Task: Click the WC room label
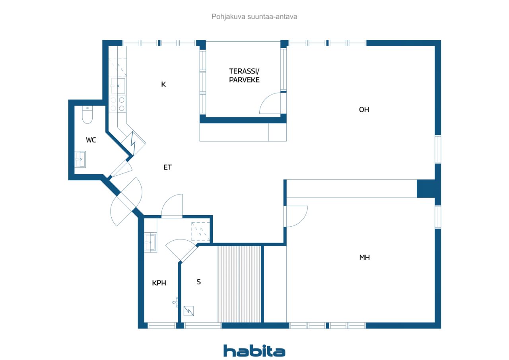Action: (91, 140)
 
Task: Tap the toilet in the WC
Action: (87, 115)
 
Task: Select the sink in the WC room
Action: (80, 160)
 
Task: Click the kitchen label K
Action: (163, 84)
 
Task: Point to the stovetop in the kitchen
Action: (117, 104)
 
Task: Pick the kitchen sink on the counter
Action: (118, 86)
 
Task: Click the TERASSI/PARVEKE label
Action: (244, 76)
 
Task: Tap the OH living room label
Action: (364, 110)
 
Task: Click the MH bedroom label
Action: (365, 257)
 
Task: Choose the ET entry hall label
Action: (167, 167)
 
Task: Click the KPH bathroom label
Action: (159, 283)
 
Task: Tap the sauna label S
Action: (198, 282)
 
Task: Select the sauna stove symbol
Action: (188, 311)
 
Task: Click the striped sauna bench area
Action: (239, 284)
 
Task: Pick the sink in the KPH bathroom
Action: (150, 243)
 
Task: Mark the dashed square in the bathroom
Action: (200, 232)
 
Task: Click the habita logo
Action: (254, 351)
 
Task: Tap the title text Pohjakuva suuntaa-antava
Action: (254, 17)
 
